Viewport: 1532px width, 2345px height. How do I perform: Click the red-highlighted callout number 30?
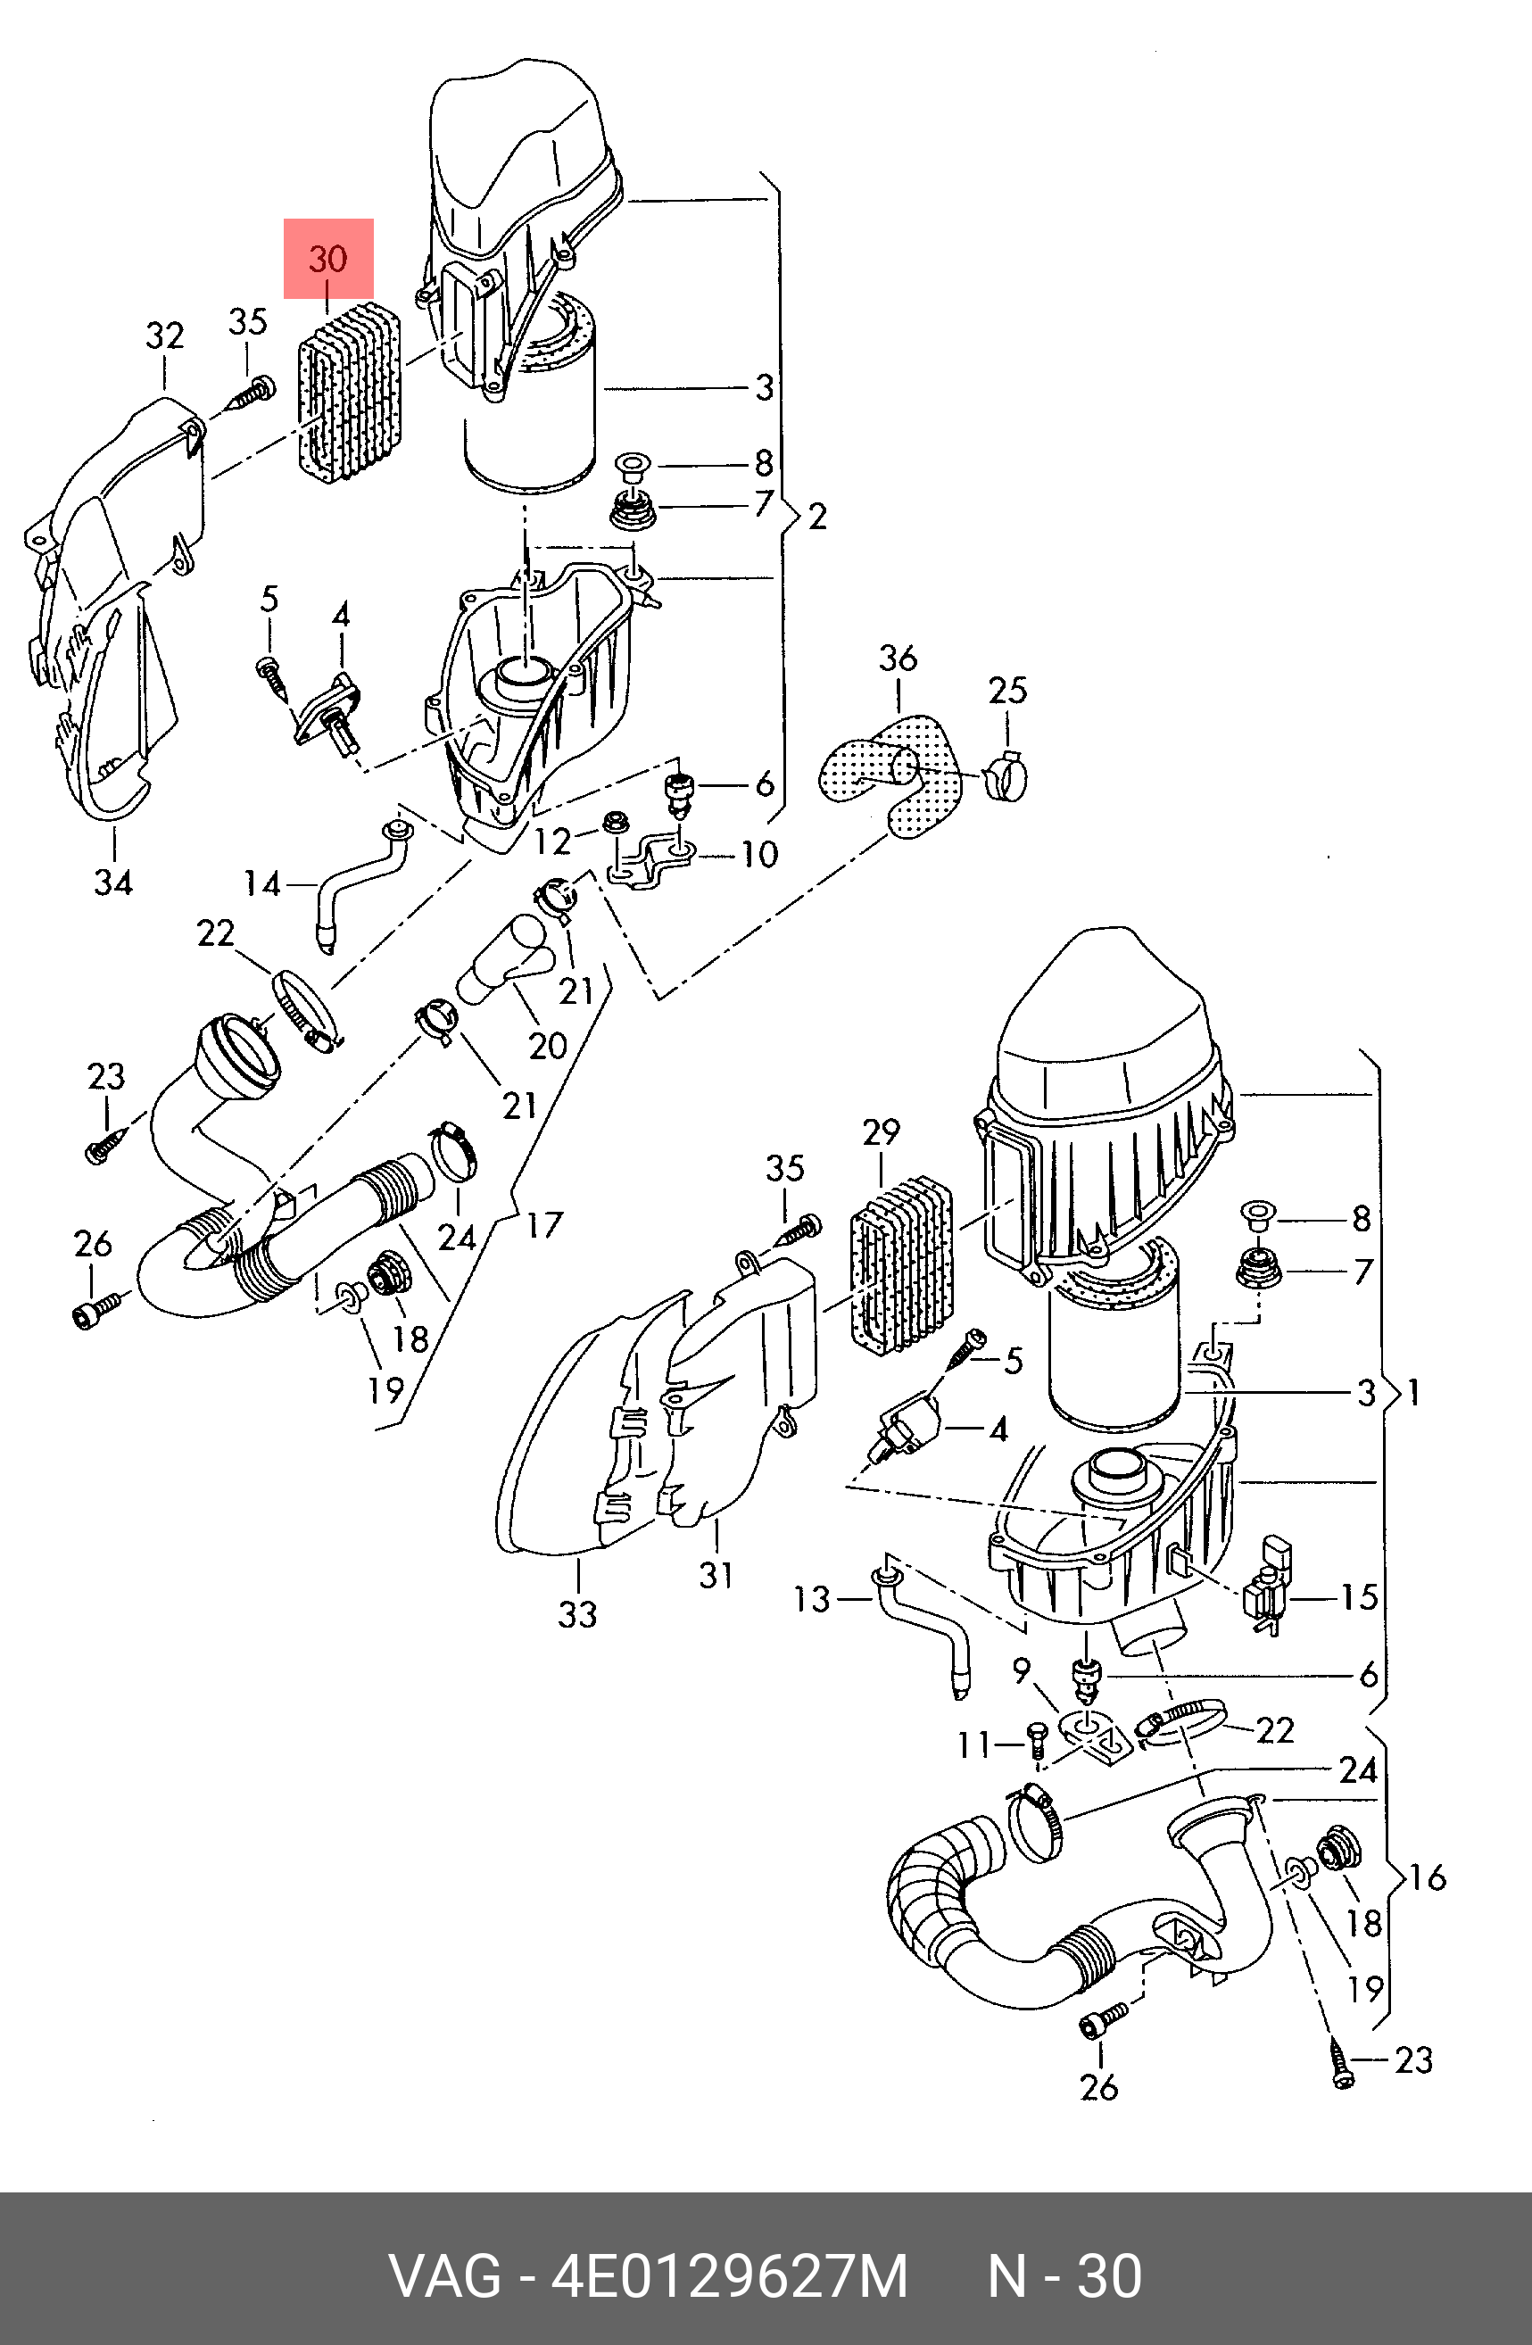328,259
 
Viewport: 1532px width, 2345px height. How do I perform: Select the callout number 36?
898,659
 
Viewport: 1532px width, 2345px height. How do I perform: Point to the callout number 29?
881,1132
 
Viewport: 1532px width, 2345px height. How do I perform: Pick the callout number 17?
544,1226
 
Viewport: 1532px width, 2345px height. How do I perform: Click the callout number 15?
1359,1597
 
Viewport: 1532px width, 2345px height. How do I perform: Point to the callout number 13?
813,1599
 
